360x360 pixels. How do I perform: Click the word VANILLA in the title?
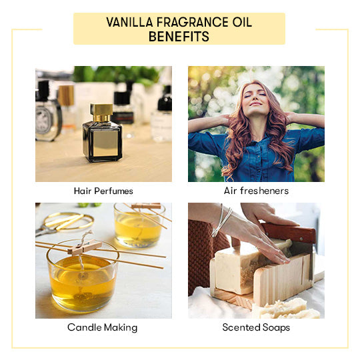(x=129, y=22)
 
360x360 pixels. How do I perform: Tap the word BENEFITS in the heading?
(x=179, y=36)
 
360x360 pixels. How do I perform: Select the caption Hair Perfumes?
(x=103, y=191)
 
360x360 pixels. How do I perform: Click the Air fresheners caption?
(x=256, y=191)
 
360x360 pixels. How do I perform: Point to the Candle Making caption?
(x=103, y=327)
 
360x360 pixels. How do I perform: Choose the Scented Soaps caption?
(x=256, y=327)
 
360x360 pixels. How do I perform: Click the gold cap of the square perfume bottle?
(x=101, y=113)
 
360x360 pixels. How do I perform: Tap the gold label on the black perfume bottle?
(x=105, y=143)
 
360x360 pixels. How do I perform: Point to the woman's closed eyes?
(x=256, y=95)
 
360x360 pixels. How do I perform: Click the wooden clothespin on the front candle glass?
(x=85, y=247)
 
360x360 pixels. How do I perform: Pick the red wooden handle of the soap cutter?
(x=289, y=233)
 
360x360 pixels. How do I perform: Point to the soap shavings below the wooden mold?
(x=285, y=309)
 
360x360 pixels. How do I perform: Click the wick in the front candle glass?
(x=81, y=264)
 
